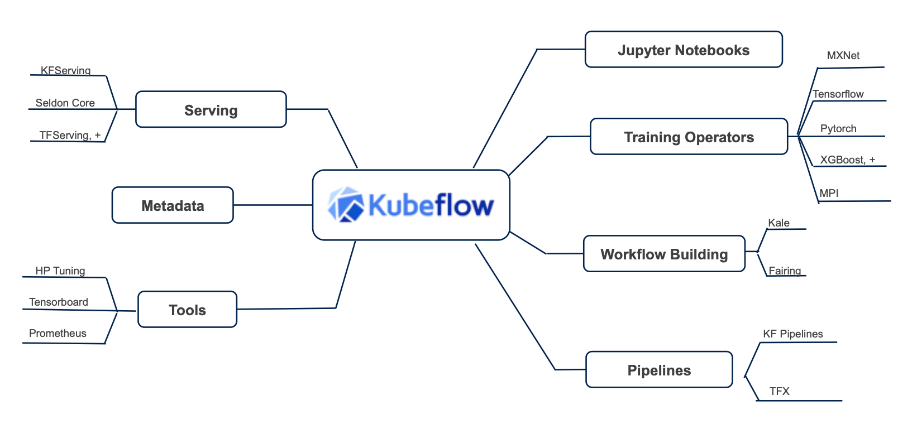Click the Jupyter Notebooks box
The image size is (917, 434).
tap(684, 50)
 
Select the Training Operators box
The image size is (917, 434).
tap(689, 137)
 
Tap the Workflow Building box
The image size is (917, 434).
tap(664, 254)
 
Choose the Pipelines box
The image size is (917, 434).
tap(659, 370)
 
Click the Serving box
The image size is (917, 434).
tap(211, 110)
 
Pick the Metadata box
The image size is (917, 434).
tap(173, 205)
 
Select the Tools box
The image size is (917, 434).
tap(187, 310)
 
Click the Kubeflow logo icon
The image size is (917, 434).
tap(346, 205)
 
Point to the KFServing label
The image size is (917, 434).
tap(65, 70)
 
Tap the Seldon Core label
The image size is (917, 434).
tap(65, 103)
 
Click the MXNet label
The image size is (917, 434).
tap(843, 56)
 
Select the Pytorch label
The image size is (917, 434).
tap(838, 128)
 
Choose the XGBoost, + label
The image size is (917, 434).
tap(847, 160)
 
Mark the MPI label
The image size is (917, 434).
tap(829, 193)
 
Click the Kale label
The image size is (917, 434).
tap(779, 223)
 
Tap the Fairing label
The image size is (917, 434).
tap(785, 271)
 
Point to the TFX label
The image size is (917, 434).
tap(779, 391)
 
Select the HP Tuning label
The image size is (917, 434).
tap(60, 271)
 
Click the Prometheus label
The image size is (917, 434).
tap(58, 333)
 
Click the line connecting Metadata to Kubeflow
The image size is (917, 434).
tap(273, 205)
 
